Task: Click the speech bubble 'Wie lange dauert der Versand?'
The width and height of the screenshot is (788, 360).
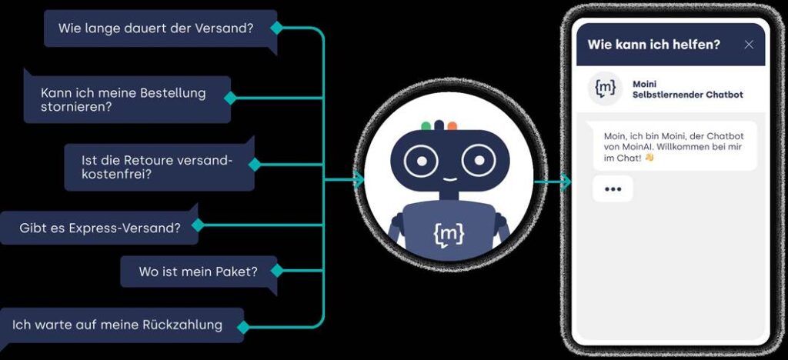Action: coord(157,28)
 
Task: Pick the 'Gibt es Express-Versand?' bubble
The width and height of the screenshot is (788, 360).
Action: coord(99,228)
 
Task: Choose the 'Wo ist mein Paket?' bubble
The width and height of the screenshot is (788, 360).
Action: coord(198,272)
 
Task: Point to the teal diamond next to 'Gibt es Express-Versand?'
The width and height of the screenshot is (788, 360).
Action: coord(198,225)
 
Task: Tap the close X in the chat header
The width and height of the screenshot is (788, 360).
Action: coord(749,45)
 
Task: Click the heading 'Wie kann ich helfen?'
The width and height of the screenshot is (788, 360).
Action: coord(653,45)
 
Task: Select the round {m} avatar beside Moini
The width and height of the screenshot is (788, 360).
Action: coord(606,88)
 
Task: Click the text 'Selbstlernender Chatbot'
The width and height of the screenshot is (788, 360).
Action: coord(687,95)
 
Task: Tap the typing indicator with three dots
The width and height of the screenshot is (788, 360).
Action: coord(613,188)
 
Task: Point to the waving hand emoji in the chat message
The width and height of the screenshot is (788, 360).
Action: coord(649,158)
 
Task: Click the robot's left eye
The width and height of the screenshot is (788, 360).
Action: coord(422,160)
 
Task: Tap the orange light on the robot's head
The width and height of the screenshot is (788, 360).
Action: coord(452,125)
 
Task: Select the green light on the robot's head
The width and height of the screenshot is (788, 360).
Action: coord(426,125)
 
